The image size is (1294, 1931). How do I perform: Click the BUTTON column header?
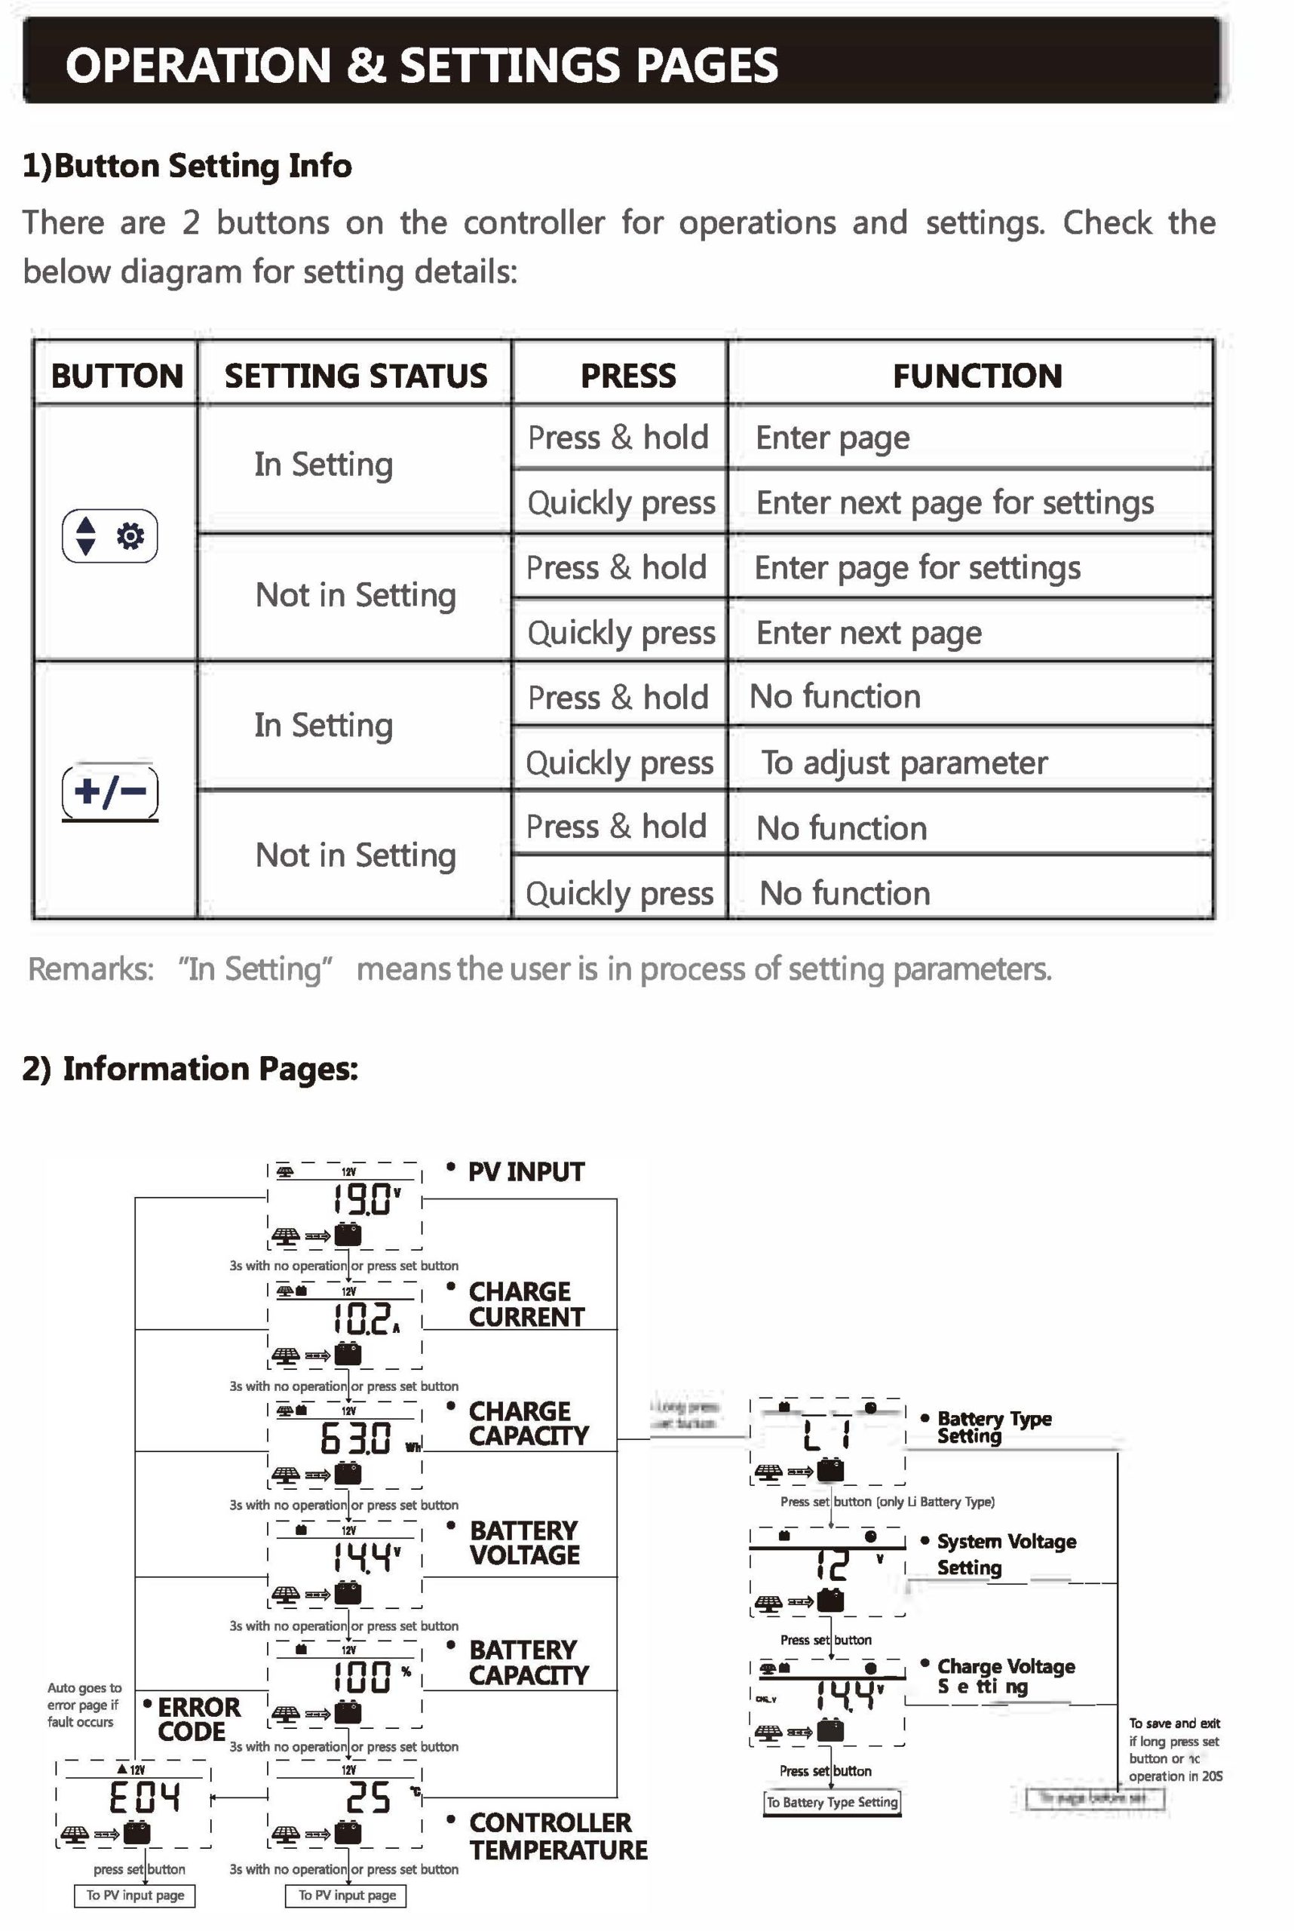click(x=116, y=376)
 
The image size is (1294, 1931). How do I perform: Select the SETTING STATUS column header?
click(x=356, y=376)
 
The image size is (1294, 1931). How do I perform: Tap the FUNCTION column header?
click(x=977, y=376)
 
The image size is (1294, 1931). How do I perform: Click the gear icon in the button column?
click(x=130, y=536)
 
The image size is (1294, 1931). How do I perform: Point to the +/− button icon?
click(x=110, y=792)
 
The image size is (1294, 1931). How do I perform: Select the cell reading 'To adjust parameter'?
click(x=903, y=762)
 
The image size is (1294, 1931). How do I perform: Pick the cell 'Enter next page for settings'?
click(x=955, y=502)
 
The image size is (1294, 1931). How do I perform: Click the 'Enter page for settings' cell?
click(x=917, y=567)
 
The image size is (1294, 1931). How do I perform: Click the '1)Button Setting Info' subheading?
click(x=187, y=166)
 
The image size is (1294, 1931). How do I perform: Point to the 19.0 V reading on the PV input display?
click(x=365, y=1198)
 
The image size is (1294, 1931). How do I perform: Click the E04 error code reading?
click(x=145, y=1797)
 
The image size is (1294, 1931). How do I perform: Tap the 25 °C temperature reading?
click(x=368, y=1797)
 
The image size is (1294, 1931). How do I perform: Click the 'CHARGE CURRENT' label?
click(x=526, y=1303)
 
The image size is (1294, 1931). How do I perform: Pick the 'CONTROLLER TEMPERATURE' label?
click(x=558, y=1835)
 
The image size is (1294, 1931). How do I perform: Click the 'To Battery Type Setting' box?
click(x=832, y=1802)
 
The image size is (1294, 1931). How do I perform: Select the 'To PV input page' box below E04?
click(x=135, y=1896)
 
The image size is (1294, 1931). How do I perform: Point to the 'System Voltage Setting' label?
click(x=1006, y=1554)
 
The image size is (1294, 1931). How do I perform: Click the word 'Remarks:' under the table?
click(x=90, y=969)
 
